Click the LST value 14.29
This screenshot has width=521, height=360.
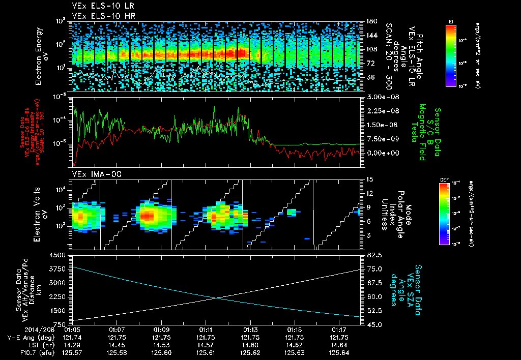73,345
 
